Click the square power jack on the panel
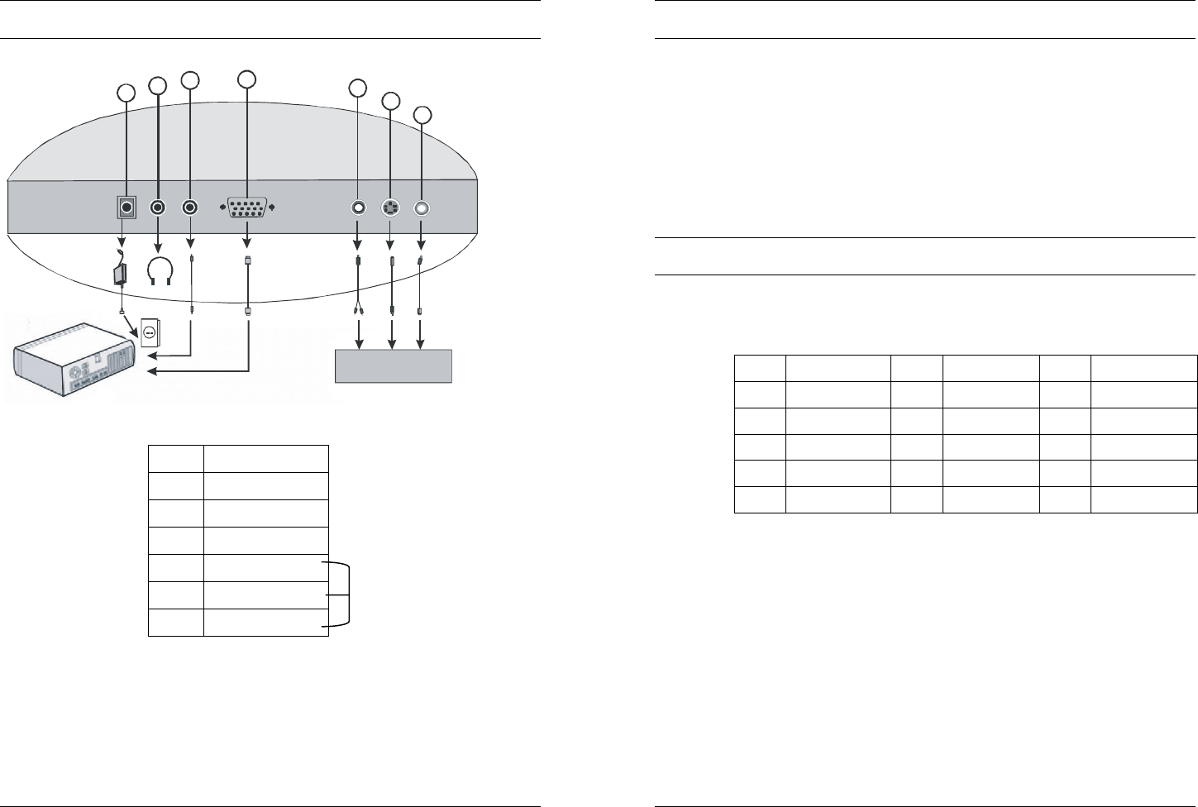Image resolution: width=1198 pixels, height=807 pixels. click(x=126, y=208)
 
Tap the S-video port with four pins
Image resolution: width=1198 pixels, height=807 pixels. click(x=390, y=208)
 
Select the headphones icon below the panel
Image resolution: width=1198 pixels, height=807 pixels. click(x=158, y=270)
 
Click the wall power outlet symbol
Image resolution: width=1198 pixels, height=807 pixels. click(x=150, y=332)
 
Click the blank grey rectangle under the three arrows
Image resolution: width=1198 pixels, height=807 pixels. click(x=394, y=365)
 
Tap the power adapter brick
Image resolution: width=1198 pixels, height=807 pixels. click(x=121, y=272)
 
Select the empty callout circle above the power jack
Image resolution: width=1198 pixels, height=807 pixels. click(x=125, y=92)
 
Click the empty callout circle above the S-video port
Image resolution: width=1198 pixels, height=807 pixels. click(x=390, y=101)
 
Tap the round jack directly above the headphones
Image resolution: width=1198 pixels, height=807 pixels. click(x=158, y=208)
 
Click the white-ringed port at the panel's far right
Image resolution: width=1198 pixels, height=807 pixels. click(x=422, y=209)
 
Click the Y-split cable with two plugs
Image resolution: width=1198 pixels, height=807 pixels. click(x=358, y=289)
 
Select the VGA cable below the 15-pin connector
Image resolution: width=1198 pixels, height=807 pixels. click(x=247, y=285)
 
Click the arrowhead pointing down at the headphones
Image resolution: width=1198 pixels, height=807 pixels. click(x=158, y=246)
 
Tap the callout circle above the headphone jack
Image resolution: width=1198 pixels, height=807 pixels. click(x=157, y=84)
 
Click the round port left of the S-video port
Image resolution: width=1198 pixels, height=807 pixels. click(x=358, y=208)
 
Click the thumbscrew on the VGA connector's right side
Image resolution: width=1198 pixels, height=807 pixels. click(x=271, y=208)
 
